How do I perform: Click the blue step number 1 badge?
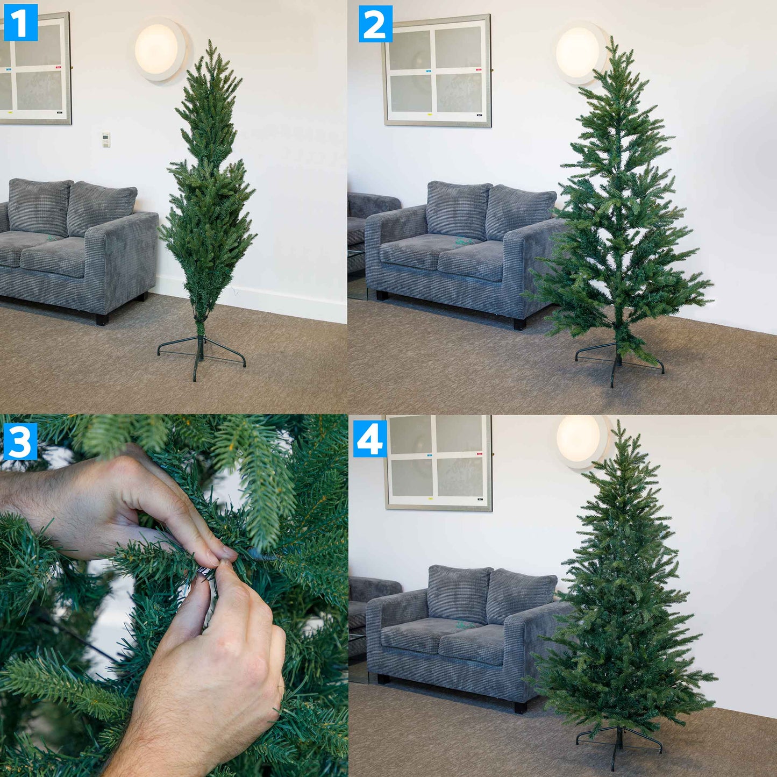pyautogui.click(x=20, y=22)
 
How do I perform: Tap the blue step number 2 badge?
pyautogui.click(x=375, y=24)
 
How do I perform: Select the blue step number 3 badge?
pyautogui.click(x=20, y=441)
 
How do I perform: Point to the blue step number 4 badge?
pyautogui.click(x=370, y=438)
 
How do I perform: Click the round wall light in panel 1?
pyautogui.click(x=158, y=49)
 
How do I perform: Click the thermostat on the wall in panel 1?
pyautogui.click(x=106, y=139)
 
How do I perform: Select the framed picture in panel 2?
pyautogui.click(x=437, y=70)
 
